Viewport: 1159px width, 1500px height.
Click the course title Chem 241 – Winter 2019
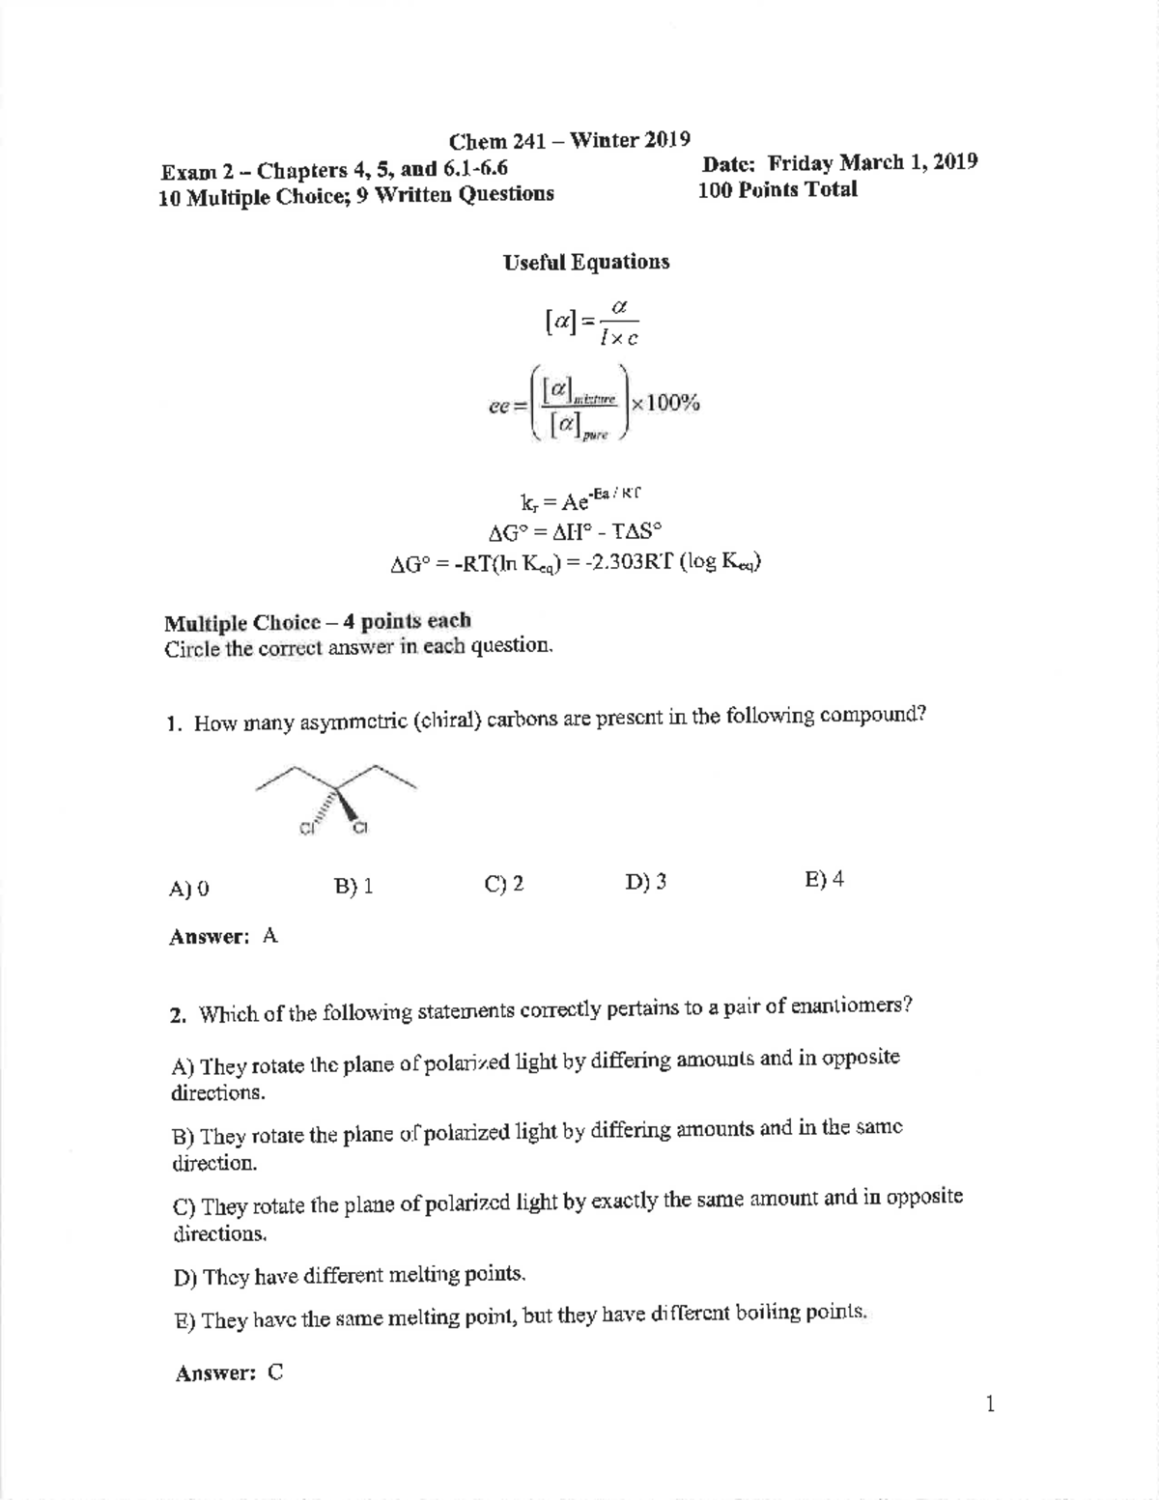click(570, 141)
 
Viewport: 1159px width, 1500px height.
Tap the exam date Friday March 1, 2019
click(839, 162)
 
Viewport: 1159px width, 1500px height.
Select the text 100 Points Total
click(777, 189)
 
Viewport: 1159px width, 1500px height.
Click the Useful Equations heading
click(585, 263)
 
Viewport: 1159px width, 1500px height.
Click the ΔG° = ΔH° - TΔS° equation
click(576, 530)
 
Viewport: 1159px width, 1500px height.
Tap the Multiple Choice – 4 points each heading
click(317, 621)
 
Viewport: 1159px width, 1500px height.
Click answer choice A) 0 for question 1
click(188, 889)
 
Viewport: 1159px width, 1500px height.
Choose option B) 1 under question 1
click(353, 887)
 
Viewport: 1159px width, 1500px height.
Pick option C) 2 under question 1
click(504, 884)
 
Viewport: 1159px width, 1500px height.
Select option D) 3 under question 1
click(645, 882)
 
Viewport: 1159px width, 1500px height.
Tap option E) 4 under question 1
click(824, 879)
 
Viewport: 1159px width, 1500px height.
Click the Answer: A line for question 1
click(223, 936)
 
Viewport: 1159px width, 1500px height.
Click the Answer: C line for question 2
click(229, 1373)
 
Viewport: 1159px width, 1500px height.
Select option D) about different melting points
click(350, 1276)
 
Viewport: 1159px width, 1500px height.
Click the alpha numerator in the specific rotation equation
click(619, 306)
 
